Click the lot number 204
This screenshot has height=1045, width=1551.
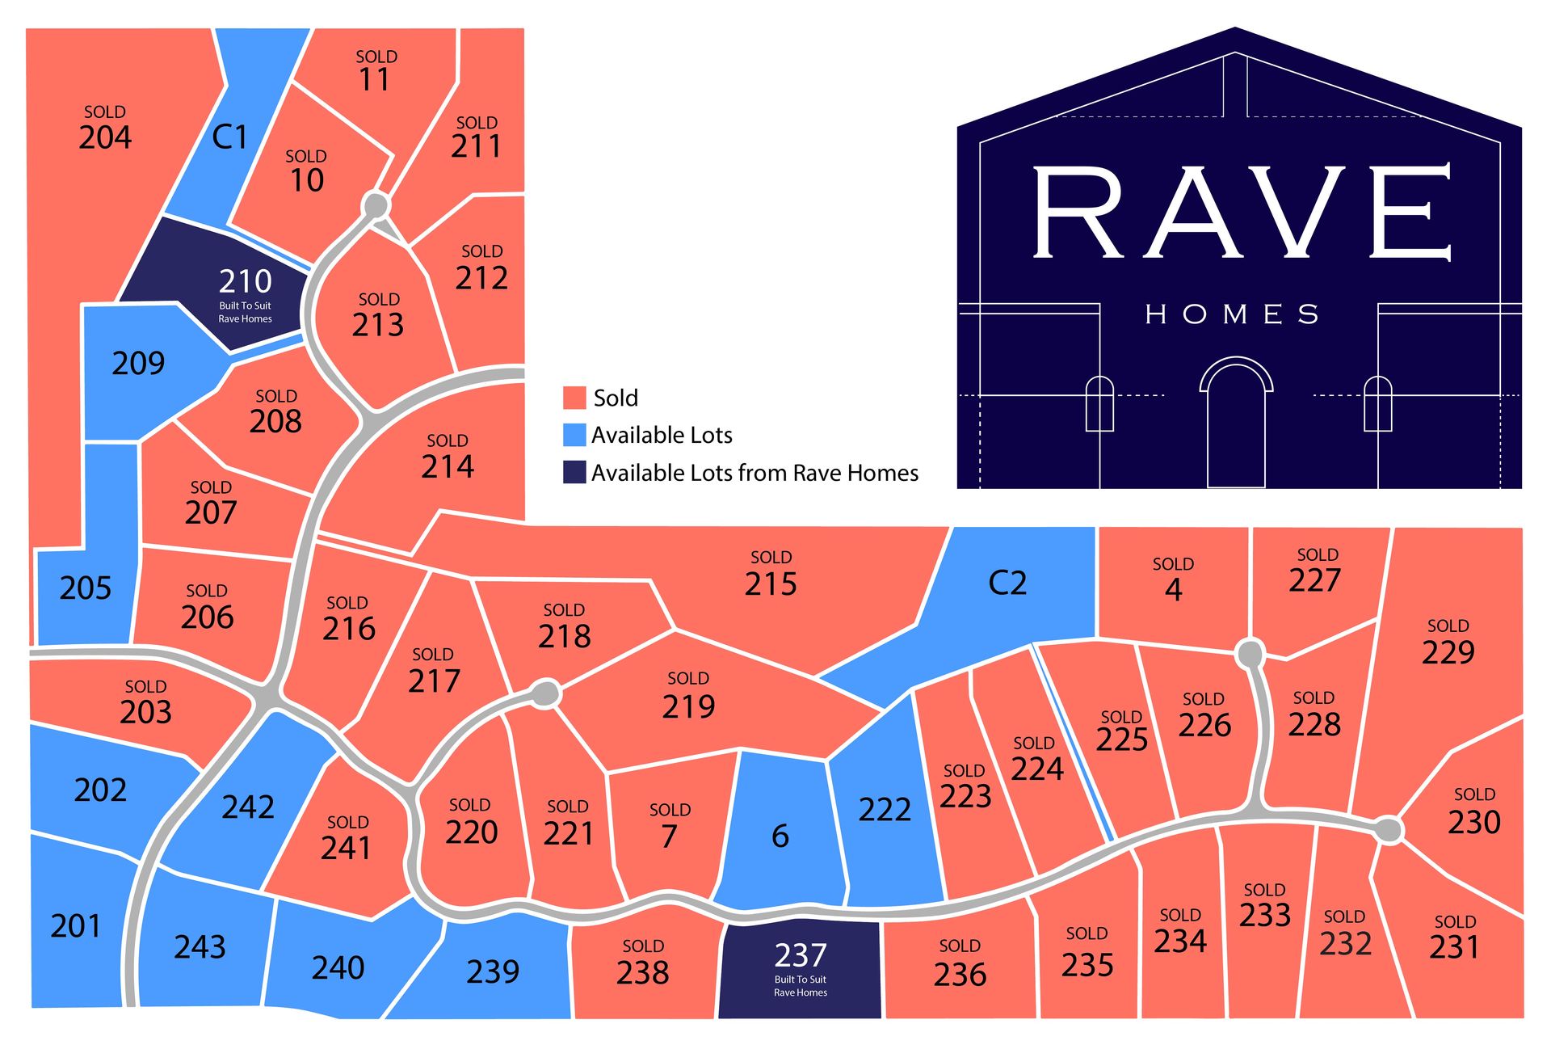tap(105, 137)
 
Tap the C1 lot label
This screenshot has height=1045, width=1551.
tap(229, 137)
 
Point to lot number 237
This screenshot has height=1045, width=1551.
tap(800, 955)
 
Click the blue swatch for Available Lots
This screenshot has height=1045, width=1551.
tap(574, 435)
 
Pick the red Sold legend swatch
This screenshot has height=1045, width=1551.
tap(574, 398)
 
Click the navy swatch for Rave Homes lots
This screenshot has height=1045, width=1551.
tap(574, 473)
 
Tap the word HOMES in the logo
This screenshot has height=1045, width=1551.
tap(1232, 314)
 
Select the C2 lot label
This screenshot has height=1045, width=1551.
tap(1007, 583)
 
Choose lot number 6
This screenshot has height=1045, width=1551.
tap(780, 836)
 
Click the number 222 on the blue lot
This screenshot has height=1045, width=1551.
tap(885, 809)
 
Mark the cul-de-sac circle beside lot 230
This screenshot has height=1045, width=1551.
tap(1389, 829)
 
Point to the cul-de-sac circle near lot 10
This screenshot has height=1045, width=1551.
tap(376, 205)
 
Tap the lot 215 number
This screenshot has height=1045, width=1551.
tap(771, 584)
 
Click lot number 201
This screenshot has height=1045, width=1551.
tap(76, 926)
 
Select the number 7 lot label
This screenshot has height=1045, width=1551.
tap(669, 836)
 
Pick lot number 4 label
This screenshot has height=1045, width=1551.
tap(1173, 590)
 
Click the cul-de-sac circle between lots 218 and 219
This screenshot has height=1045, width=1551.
tap(547, 693)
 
